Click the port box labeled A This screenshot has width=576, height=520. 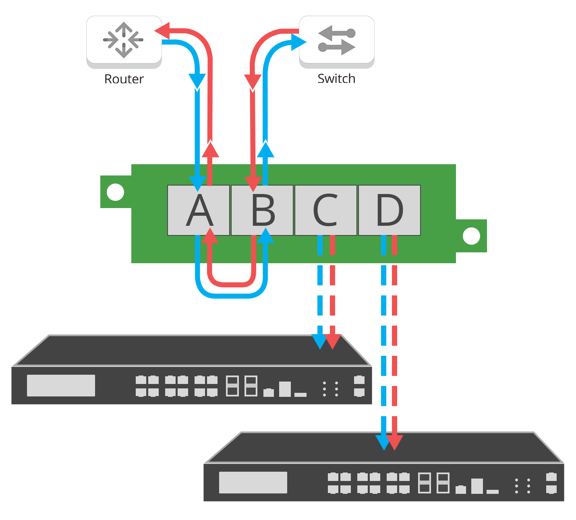coord(199,210)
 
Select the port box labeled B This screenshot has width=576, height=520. coord(262,210)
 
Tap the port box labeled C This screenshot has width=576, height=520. coord(326,210)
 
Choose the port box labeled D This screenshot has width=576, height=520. coord(390,210)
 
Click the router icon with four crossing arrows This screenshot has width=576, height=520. coord(124,39)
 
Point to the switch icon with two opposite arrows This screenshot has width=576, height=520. coord(336,39)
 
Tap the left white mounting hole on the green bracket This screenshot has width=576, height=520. coord(115,192)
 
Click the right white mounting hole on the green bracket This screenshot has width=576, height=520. coord(471,236)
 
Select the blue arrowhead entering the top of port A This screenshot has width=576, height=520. coord(198,184)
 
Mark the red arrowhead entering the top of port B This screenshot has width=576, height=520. coord(253,184)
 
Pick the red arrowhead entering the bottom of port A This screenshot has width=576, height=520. coord(209,236)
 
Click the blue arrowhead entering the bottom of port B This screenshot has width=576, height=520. coord(265,236)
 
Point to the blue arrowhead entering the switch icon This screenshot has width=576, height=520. coord(298,42)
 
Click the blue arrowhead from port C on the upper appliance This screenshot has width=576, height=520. coord(320,341)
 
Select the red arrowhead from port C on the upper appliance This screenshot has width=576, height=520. coord(333,341)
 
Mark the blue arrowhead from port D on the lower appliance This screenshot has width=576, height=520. coord(383,442)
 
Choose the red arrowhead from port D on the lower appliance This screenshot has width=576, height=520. coord(395,442)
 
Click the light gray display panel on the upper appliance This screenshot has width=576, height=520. coord(61,386)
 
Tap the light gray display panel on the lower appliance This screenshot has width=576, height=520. coord(253,483)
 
